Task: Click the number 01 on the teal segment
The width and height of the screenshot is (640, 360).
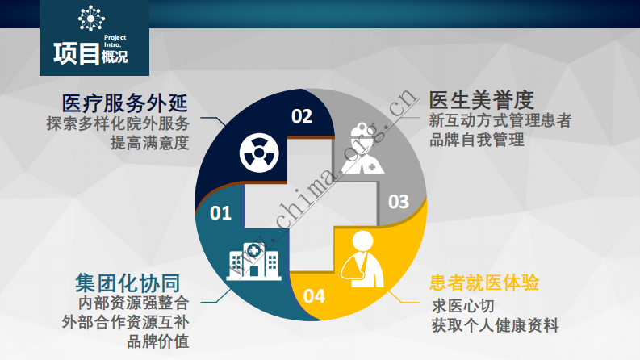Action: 220,213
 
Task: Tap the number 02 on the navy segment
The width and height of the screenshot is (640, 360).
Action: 301,116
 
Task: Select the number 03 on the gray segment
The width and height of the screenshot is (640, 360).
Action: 399,202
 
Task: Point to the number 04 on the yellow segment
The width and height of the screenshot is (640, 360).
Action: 314,296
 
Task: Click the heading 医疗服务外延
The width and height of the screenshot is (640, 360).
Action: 125,103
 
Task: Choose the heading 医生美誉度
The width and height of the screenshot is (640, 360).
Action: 482,100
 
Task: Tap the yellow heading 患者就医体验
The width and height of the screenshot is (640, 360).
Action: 484,283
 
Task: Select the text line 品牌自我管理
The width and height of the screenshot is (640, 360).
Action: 477,140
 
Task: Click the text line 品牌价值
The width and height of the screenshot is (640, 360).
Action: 158,341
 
